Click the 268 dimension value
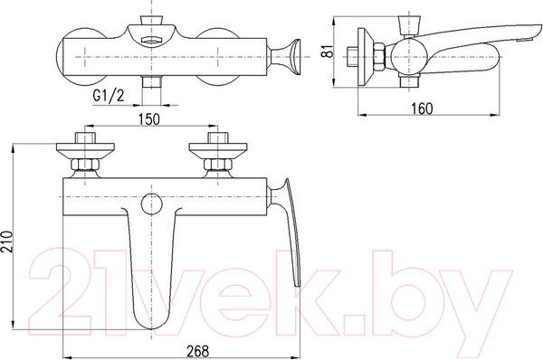198,351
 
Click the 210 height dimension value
7,242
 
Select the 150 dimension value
149,119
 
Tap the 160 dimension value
422,109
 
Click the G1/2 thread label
109,95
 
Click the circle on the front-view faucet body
152,204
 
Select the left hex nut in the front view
85,164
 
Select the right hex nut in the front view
218,164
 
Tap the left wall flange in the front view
85,150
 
